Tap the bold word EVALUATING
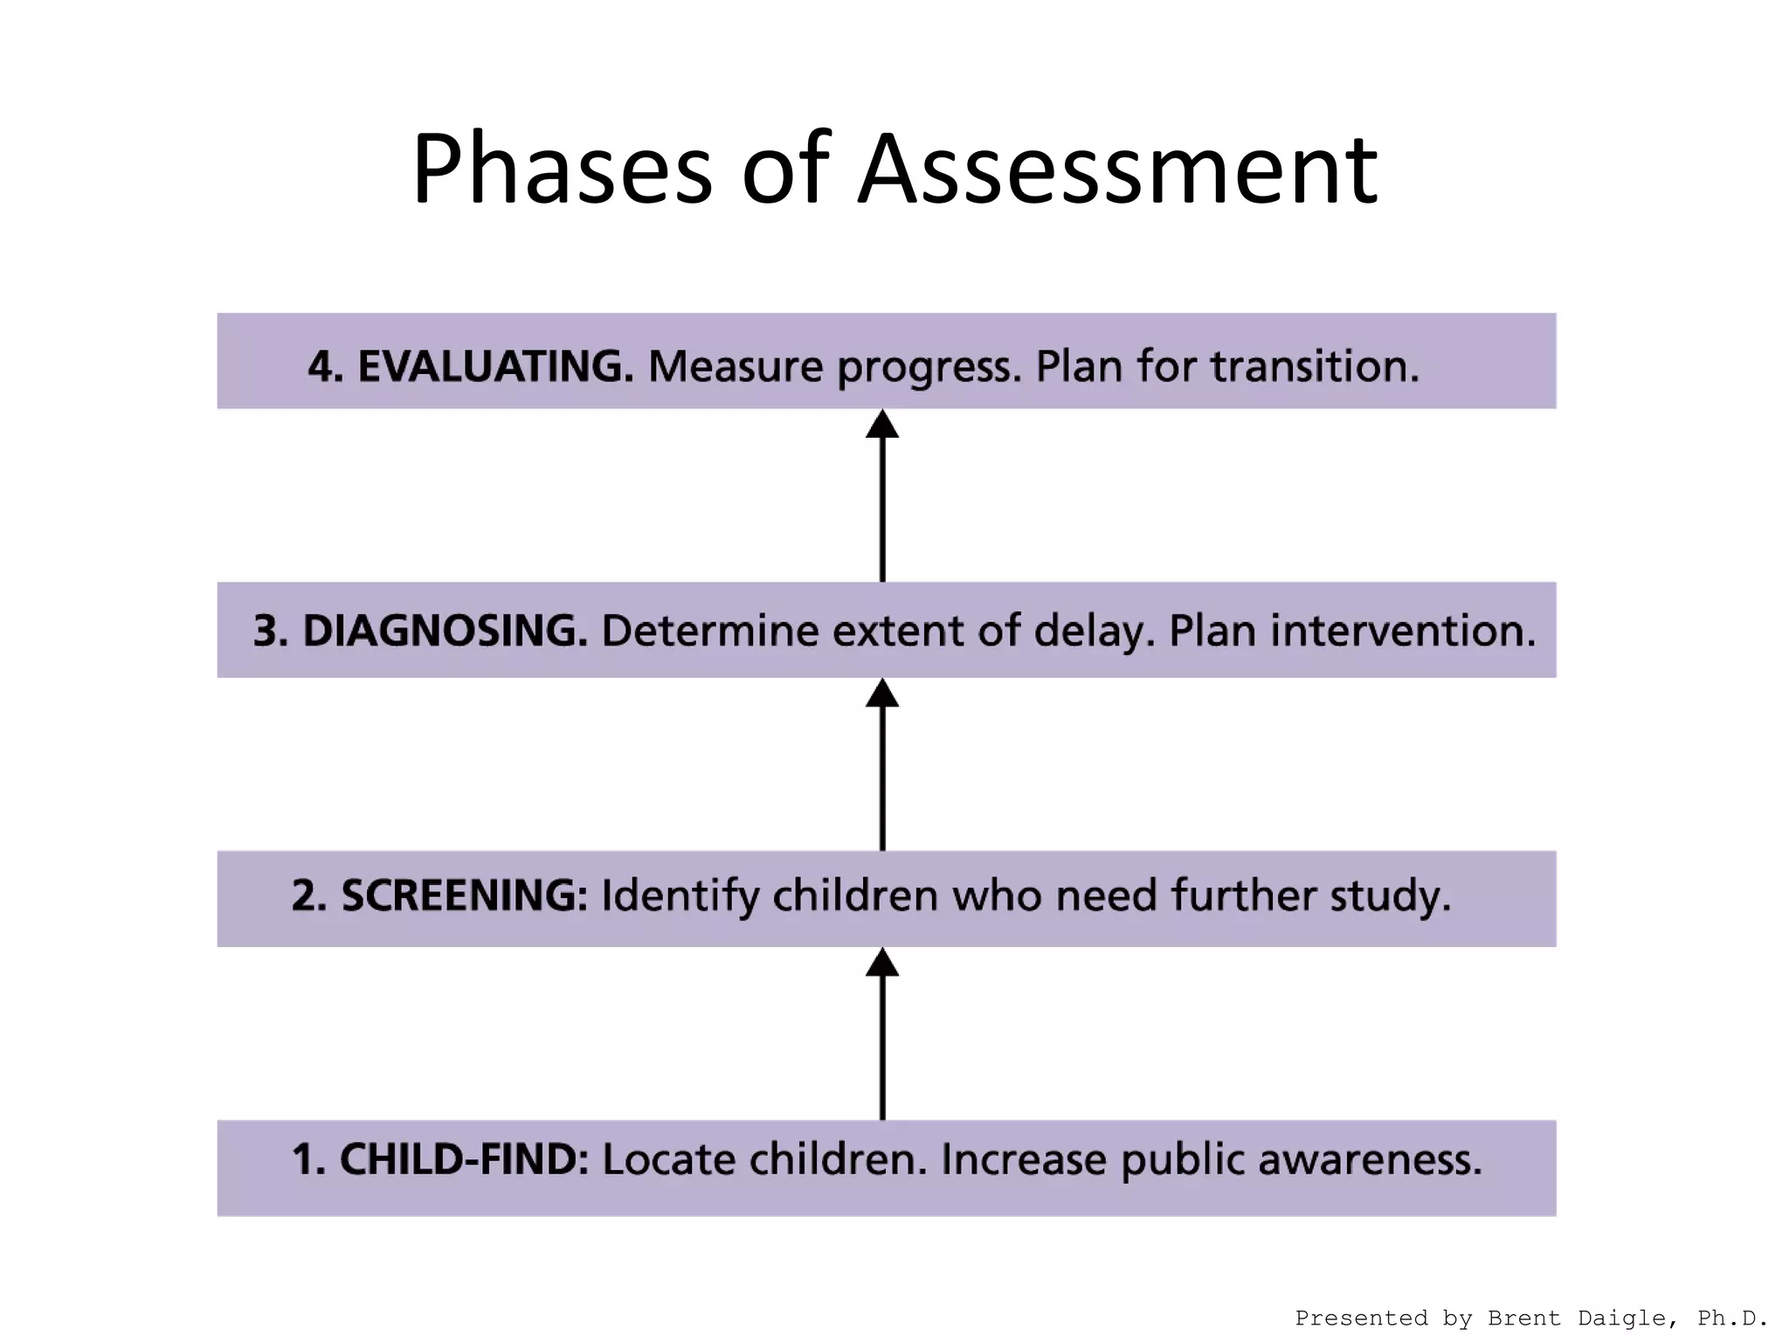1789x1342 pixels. click(x=494, y=366)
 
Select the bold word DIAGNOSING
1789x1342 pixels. click(x=445, y=631)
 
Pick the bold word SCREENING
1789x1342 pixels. click(x=464, y=896)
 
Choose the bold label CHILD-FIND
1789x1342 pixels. click(x=463, y=1159)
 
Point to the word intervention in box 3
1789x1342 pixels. click(x=1402, y=631)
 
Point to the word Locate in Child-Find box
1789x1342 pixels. click(x=669, y=1159)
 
